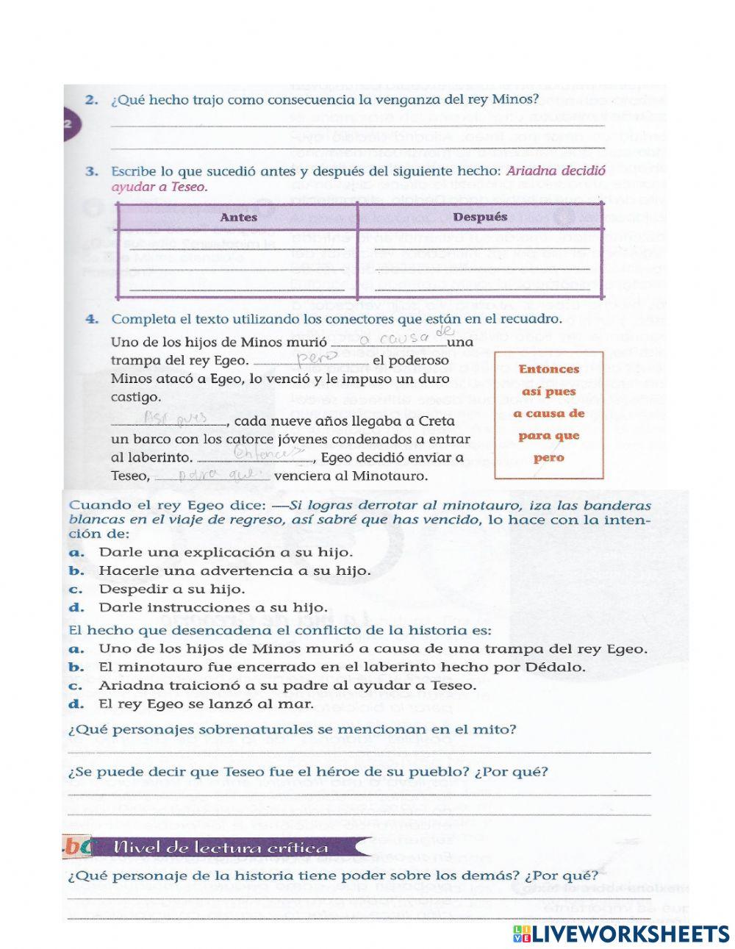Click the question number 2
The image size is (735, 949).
[x=91, y=100]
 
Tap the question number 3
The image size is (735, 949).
[x=91, y=171]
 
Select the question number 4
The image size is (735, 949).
[x=91, y=319]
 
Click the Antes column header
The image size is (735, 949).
[x=238, y=217]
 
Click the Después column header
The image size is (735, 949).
[x=480, y=217]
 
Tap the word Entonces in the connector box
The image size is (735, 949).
[x=548, y=369]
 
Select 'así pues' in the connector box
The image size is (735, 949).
[x=548, y=391]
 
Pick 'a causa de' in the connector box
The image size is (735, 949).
[x=548, y=413]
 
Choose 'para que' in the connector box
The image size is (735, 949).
[x=548, y=435]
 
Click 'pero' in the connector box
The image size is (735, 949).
[x=548, y=457]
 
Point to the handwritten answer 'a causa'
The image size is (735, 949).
[x=395, y=338]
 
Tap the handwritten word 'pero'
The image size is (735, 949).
[x=315, y=358]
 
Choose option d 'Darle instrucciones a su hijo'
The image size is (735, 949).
[x=212, y=608]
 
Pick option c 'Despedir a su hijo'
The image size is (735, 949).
[x=171, y=590]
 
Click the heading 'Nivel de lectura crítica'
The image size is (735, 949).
[x=220, y=848]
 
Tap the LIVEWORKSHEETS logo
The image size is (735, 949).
[x=621, y=934]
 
